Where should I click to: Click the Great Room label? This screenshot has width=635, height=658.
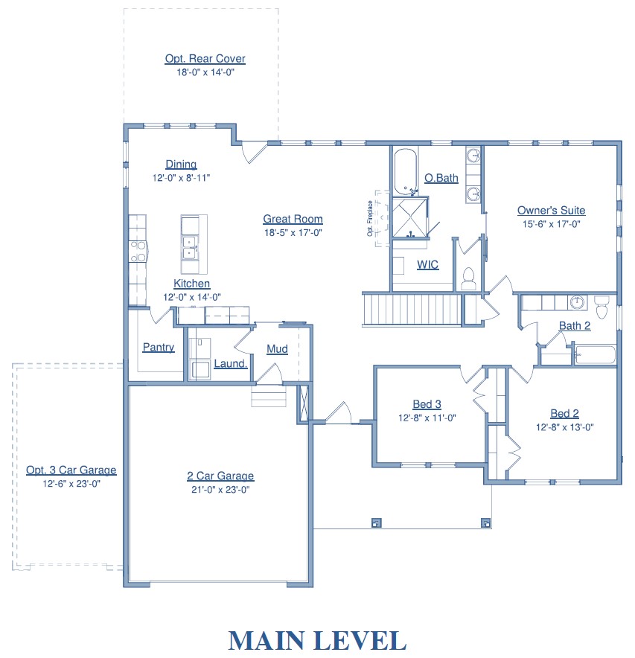(x=293, y=219)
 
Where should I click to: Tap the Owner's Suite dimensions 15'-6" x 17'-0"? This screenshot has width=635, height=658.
(x=551, y=224)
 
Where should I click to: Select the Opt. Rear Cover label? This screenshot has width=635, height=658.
(x=205, y=59)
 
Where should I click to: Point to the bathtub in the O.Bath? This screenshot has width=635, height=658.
(x=406, y=172)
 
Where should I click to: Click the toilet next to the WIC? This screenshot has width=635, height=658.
(x=468, y=279)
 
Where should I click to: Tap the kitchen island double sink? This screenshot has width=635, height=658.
(x=189, y=248)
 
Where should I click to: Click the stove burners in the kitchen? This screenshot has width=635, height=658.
(x=138, y=251)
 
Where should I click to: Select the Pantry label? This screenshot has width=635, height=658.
(x=159, y=348)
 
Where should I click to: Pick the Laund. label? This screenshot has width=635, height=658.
(x=231, y=364)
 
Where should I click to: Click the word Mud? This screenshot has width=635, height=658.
(x=278, y=349)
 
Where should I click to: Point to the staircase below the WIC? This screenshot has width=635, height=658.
(x=412, y=310)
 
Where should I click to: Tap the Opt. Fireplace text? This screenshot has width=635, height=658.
(x=370, y=218)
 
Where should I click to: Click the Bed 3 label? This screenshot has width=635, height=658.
(x=427, y=404)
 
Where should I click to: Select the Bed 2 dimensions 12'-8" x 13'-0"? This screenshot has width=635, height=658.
(x=564, y=427)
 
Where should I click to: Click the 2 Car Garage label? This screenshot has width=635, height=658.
(x=220, y=476)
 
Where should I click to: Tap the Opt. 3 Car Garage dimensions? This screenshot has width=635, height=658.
(x=71, y=484)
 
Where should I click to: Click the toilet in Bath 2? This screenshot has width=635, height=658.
(x=602, y=307)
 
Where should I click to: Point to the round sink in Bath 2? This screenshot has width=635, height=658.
(x=578, y=302)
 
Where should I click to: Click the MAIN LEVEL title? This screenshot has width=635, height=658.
(x=317, y=641)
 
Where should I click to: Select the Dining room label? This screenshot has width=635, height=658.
(x=181, y=164)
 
